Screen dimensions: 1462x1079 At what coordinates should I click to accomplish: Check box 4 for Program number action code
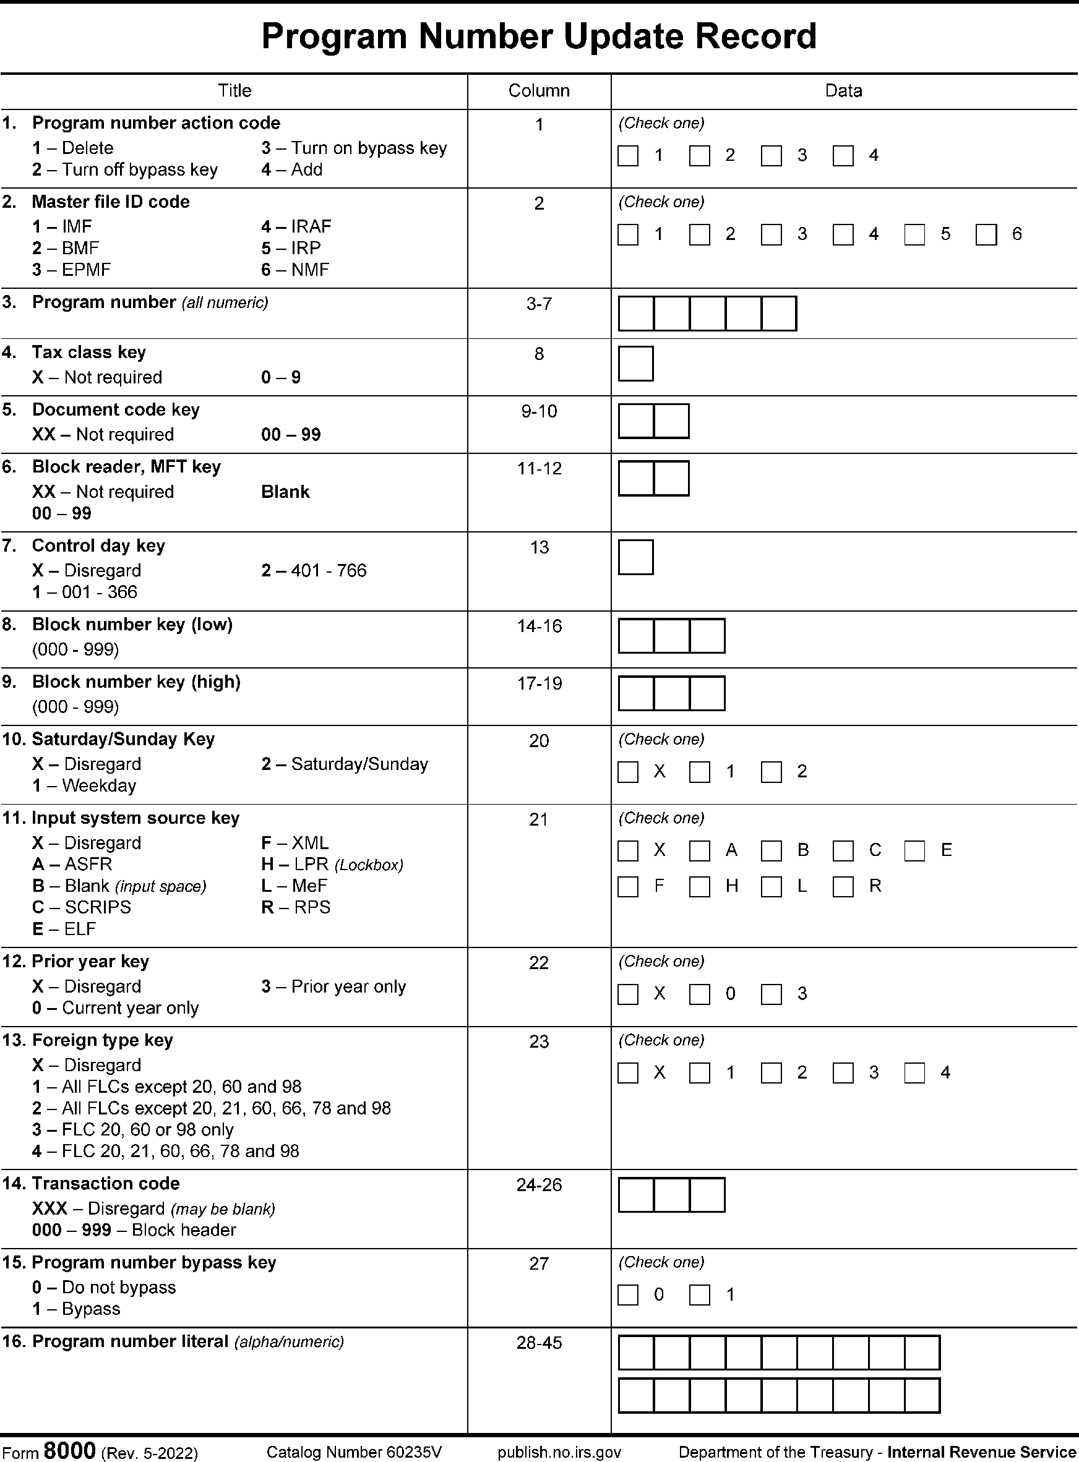point(843,156)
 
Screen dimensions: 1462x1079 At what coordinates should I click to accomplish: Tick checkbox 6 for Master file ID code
point(986,235)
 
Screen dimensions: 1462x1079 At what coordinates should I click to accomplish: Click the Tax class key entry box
point(635,364)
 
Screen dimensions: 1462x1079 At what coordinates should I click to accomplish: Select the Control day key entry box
point(635,557)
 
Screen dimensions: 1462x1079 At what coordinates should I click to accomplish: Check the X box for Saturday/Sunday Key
point(628,772)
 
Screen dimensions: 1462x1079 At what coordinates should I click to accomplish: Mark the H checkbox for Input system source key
point(700,887)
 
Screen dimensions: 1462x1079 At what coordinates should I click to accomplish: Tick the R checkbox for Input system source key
point(843,887)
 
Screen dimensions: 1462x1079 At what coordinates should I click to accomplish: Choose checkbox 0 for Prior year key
point(700,994)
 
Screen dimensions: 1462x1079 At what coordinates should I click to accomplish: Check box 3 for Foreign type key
point(843,1074)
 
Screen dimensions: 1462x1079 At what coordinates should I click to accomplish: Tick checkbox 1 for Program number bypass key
point(700,1296)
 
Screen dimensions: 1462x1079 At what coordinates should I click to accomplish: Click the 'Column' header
point(539,91)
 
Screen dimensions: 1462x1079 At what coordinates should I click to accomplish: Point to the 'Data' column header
point(843,91)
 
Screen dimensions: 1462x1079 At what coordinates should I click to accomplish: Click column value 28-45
point(539,1343)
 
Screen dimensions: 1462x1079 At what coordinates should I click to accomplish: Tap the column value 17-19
point(539,683)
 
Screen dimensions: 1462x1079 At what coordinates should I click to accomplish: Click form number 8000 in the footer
point(69,1450)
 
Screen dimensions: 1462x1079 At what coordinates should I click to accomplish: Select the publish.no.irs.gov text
point(559,1452)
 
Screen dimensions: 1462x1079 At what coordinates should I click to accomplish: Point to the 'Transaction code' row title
point(106,1184)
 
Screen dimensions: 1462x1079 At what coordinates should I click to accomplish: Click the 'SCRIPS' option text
point(97,908)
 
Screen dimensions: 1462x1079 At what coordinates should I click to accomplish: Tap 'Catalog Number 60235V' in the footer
point(354,1452)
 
